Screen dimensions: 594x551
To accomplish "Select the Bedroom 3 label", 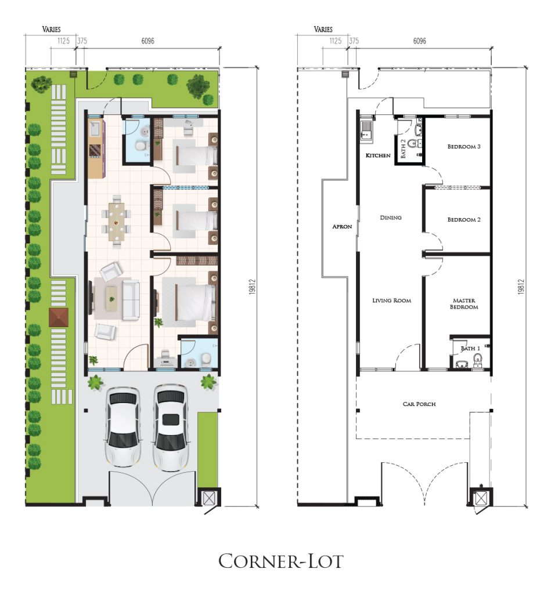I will pyautogui.click(x=463, y=147).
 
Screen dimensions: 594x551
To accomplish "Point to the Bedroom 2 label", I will pyautogui.click(x=463, y=220).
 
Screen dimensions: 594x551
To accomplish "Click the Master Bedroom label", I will pyautogui.click(x=464, y=303).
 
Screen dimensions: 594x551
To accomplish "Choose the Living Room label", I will pyautogui.click(x=391, y=300).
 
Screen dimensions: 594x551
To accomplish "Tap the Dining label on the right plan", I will pyautogui.click(x=391, y=218).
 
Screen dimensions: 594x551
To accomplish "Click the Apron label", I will pyautogui.click(x=341, y=226).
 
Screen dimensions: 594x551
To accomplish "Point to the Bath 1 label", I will pyautogui.click(x=470, y=349).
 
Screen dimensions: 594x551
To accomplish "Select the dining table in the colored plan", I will pyautogui.click(x=118, y=222).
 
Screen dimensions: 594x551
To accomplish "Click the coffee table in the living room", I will pyautogui.click(x=111, y=299).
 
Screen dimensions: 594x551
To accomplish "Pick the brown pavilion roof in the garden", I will pyautogui.click(x=59, y=317).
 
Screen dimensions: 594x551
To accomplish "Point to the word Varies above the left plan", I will pyautogui.click(x=51, y=28).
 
